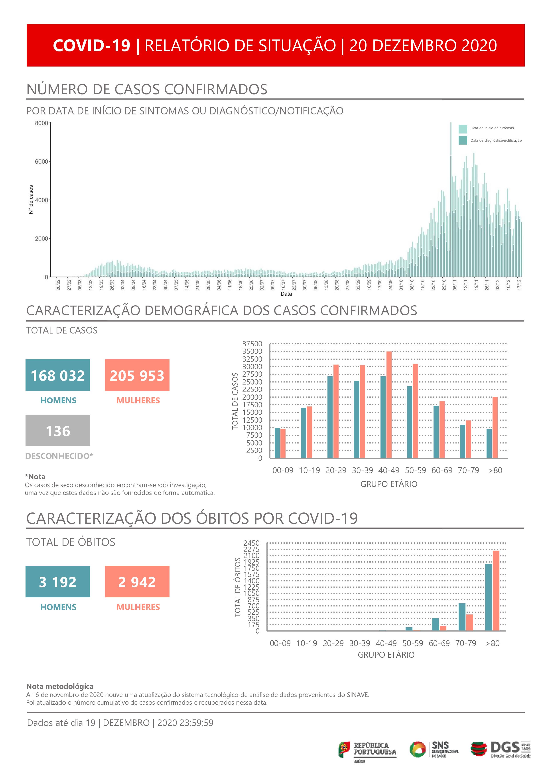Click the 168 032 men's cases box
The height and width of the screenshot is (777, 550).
(x=58, y=375)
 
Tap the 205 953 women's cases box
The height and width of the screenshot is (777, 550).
(x=137, y=375)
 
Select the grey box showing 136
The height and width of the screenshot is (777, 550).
(x=58, y=430)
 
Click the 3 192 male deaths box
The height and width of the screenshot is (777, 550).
(x=58, y=582)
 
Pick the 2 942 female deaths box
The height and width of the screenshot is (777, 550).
(x=137, y=582)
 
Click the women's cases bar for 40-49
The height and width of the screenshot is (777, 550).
(x=389, y=405)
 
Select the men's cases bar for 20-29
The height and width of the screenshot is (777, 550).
(x=330, y=417)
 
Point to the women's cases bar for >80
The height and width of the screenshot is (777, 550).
(x=495, y=428)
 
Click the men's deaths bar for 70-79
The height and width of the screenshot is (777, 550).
(x=462, y=617)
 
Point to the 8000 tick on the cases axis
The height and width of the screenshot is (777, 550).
(x=42, y=123)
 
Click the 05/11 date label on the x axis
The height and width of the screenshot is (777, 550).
(x=455, y=285)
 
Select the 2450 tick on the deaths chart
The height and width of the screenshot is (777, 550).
(x=252, y=543)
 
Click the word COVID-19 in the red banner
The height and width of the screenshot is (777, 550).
(x=91, y=45)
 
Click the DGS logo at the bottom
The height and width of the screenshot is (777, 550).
(x=501, y=749)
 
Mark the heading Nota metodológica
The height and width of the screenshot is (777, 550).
(x=60, y=686)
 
